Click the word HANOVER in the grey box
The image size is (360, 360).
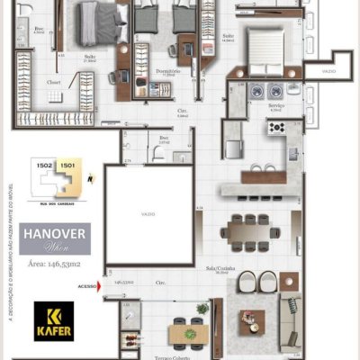[54, 232]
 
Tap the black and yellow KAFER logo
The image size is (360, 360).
[54, 320]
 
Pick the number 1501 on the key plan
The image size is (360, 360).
[66, 165]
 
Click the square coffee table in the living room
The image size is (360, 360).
[252, 320]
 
